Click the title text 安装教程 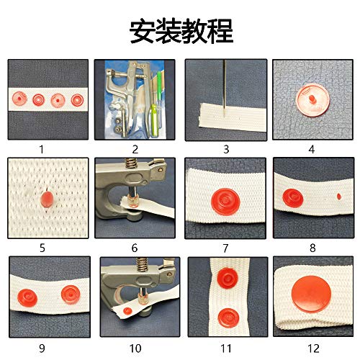tap(180, 30)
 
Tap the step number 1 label tap(42, 150)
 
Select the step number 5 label tap(42, 248)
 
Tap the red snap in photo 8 tap(293, 195)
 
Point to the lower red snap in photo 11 tap(225, 315)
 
